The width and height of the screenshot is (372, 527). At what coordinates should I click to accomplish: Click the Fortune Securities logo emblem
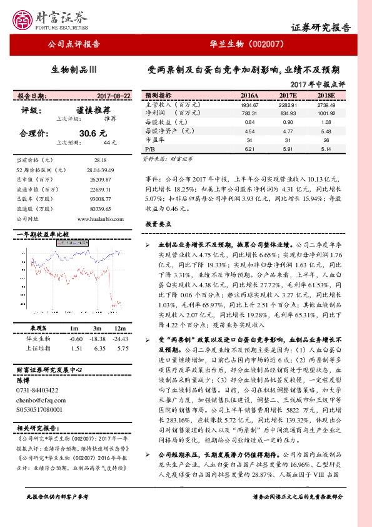tap(24, 18)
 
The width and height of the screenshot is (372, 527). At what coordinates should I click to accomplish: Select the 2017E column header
tap(288, 96)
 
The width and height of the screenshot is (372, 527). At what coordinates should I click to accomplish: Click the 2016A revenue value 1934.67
tap(248, 105)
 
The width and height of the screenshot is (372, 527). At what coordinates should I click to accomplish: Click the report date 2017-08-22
tap(114, 96)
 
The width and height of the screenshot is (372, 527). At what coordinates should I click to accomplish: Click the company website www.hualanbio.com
tap(99, 218)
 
